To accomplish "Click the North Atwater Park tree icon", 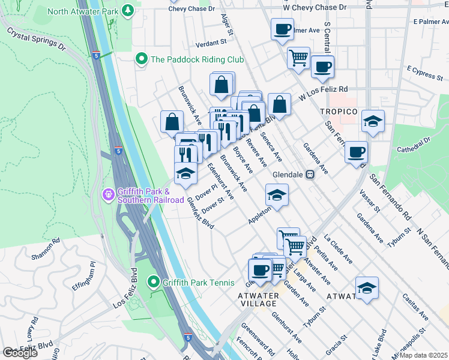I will (127, 10).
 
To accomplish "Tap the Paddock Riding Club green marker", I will (142, 59).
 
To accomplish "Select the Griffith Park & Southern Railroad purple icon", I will (108, 194).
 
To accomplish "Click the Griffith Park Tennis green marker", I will (154, 281).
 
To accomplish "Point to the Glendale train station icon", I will (310, 175).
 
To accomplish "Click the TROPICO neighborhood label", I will (339, 112).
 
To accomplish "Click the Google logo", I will (20, 353).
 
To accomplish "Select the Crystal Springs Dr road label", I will (36, 37).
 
